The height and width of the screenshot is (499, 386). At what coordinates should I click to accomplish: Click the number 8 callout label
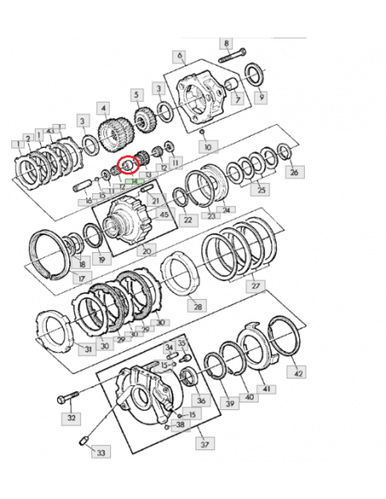tap(226, 43)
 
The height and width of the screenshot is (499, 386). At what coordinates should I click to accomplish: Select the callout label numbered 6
tap(180, 57)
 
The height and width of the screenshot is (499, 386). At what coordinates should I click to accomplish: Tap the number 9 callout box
tap(261, 97)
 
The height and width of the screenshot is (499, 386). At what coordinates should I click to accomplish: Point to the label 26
tap(295, 172)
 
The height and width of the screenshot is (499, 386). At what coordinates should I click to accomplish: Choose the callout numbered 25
tap(261, 189)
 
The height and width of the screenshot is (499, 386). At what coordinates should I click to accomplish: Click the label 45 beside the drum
tap(164, 214)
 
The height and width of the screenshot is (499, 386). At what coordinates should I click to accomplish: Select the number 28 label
tap(197, 305)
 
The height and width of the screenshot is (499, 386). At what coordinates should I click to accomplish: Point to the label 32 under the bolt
tap(72, 419)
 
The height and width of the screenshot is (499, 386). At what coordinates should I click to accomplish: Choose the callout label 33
tap(101, 452)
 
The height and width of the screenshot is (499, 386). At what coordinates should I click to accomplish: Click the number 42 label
tap(296, 373)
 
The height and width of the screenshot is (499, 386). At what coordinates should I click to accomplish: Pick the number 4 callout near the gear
tap(102, 109)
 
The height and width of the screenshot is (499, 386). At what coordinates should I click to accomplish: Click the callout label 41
tap(266, 390)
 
